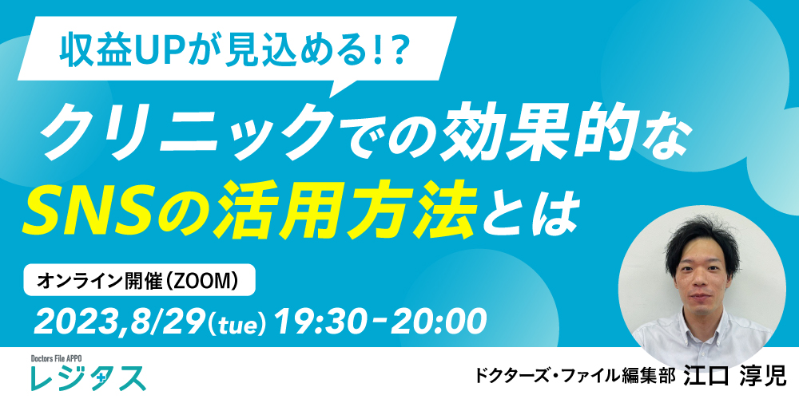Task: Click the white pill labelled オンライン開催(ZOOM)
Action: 139,279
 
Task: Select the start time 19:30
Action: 320,322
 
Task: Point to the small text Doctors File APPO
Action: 56,358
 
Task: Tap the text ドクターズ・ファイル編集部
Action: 576,377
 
